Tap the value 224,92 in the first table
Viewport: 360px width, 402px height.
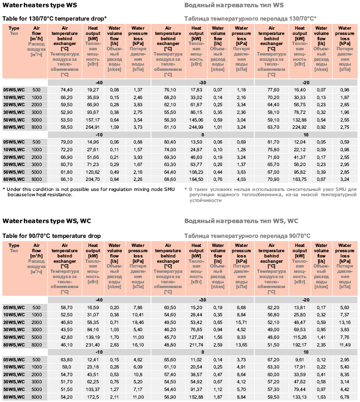tap(300, 127)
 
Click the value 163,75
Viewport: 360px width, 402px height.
tap(300, 179)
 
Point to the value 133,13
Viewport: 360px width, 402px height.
tap(300, 397)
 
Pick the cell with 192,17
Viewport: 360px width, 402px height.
tap(300, 345)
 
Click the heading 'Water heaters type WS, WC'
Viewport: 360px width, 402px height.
tap(47, 221)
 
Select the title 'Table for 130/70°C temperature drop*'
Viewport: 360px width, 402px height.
tap(55, 18)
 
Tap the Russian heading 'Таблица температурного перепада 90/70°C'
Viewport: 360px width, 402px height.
tap(247, 236)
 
